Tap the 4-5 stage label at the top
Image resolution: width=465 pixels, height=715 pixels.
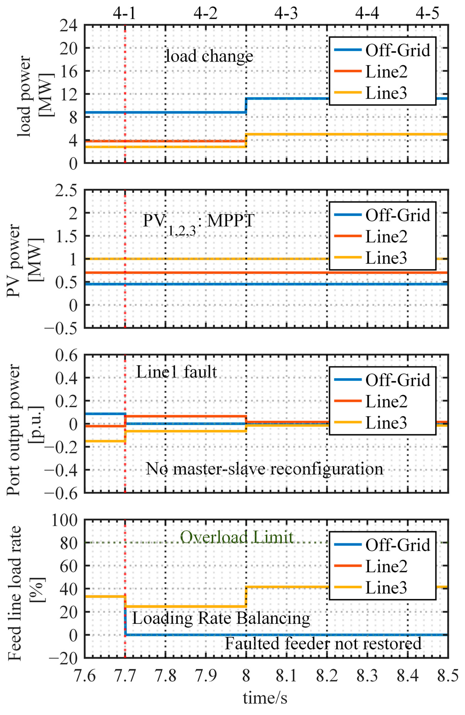pyautogui.click(x=427, y=14)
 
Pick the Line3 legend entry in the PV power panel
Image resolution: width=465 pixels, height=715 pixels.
pyautogui.click(x=371, y=258)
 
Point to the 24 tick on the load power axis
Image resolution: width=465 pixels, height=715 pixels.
pyautogui.click(x=68, y=25)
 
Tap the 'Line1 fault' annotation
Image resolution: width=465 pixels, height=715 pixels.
pyautogui.click(x=176, y=372)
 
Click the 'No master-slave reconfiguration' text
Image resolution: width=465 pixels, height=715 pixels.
pyautogui.click(x=265, y=469)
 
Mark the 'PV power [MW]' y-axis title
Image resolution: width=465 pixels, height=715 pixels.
pyautogui.click(x=25, y=260)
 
